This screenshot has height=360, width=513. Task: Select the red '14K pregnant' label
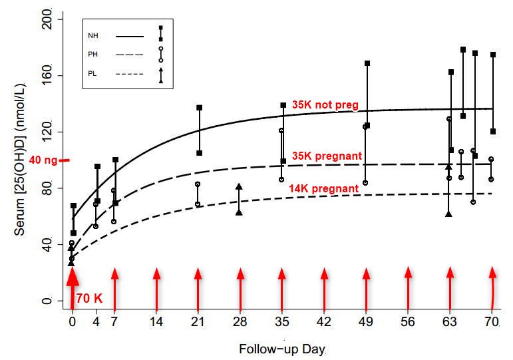[x=324, y=189]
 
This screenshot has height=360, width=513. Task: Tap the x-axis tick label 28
[x=240, y=321]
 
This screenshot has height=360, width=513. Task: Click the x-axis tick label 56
[x=408, y=321]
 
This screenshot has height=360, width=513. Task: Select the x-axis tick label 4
[x=96, y=321]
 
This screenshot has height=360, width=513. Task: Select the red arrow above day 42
[x=324, y=286]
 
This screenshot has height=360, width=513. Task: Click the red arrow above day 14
[x=156, y=286]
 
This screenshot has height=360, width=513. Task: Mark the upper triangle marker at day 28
[x=239, y=187]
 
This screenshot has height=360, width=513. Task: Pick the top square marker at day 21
[x=198, y=107]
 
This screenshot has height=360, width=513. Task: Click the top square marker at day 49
[x=367, y=63]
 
